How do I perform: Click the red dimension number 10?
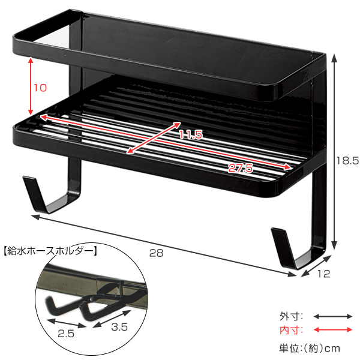click(40, 88)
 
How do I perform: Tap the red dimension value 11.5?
click(191, 134)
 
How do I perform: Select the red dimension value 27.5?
click(241, 168)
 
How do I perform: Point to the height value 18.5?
click(347, 160)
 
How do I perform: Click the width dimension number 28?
click(157, 253)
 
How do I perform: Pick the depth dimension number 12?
click(324, 274)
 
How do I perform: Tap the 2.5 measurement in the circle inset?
click(66, 334)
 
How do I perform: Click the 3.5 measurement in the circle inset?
click(119, 327)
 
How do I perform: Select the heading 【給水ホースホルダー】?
click(50, 251)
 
